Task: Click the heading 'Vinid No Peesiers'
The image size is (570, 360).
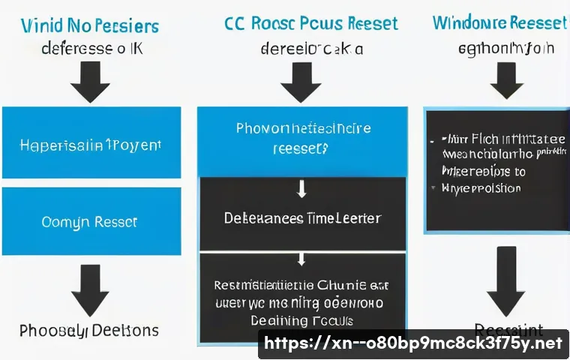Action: pos(90,25)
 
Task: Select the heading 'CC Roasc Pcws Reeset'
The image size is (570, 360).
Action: pos(311,22)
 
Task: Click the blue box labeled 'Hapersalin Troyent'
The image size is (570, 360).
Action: pos(90,144)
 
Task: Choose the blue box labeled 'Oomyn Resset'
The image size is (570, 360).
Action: pos(90,223)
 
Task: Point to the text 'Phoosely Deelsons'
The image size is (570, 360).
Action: pos(88,330)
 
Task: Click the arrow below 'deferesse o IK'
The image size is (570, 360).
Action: pos(90,80)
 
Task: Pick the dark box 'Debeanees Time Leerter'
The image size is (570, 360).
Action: pos(302,218)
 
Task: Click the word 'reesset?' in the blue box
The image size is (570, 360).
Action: pos(300,148)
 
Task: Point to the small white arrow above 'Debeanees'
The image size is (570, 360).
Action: pos(301,189)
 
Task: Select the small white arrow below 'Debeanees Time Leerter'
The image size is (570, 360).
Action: pos(301,259)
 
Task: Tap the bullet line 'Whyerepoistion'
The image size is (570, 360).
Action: pos(480,188)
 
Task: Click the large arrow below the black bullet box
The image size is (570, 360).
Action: pos(505,281)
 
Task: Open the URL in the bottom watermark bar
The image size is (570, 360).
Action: pos(412,343)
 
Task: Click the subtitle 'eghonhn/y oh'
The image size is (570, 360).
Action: pos(505,49)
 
